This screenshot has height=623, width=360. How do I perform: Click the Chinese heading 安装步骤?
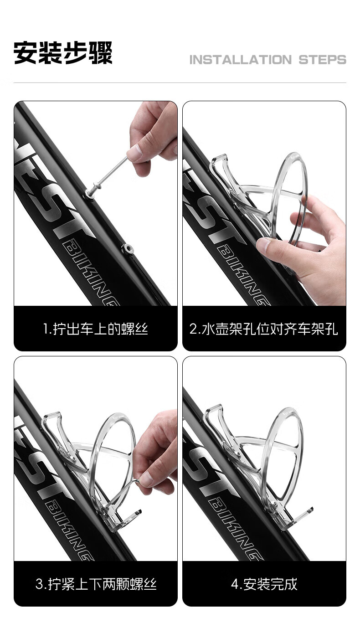pyautogui.click(x=63, y=52)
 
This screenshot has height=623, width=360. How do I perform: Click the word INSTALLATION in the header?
pyautogui.click(x=241, y=60)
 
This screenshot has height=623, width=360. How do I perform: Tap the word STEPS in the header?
pyautogui.click(x=323, y=60)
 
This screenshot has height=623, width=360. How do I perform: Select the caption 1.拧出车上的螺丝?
pyautogui.click(x=95, y=329)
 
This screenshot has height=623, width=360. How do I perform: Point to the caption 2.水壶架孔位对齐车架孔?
pyautogui.click(x=264, y=329)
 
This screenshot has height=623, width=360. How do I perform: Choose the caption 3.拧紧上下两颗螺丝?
pyautogui.click(x=96, y=584)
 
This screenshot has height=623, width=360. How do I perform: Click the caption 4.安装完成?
pyautogui.click(x=264, y=584)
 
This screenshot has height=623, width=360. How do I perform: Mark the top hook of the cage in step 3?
pyautogui.click(x=51, y=418)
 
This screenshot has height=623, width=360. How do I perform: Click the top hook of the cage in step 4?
pyautogui.click(x=214, y=412)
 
